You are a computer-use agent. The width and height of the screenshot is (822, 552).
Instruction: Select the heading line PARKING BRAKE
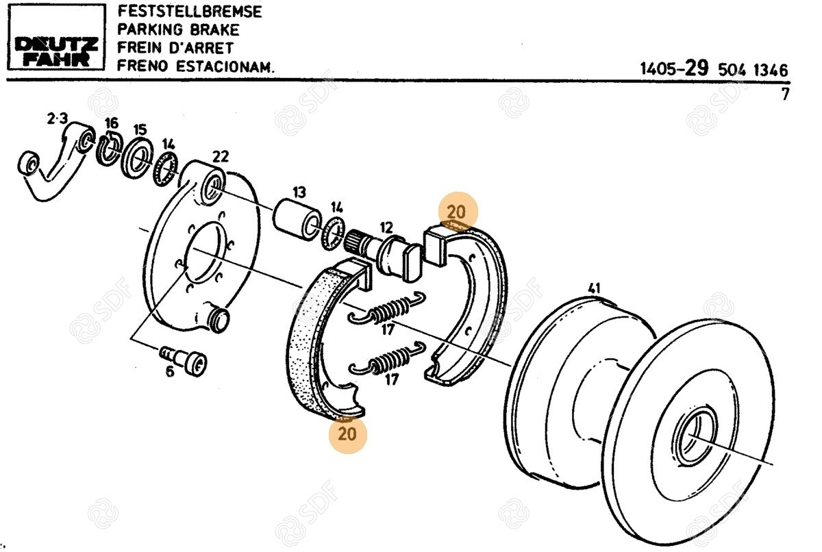point(177,30)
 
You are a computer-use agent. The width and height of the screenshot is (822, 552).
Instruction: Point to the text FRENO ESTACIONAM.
point(195,66)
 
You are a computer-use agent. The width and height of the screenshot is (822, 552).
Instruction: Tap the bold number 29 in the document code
point(697,68)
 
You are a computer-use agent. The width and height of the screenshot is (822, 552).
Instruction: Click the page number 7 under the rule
point(785,95)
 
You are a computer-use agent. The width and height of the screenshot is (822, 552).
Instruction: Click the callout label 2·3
point(57,119)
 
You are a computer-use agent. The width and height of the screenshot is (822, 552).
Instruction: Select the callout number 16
point(111,123)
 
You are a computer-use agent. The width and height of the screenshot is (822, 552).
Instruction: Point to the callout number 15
point(140,129)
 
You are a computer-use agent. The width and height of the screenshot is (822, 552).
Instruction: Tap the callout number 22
point(220,156)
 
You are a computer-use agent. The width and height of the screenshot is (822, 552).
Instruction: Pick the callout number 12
point(386,227)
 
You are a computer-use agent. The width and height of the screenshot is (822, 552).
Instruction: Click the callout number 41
point(593,288)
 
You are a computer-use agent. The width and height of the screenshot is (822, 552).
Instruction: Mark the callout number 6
point(169,371)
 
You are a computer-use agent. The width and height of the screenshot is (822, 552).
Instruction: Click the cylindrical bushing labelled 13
point(296,218)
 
